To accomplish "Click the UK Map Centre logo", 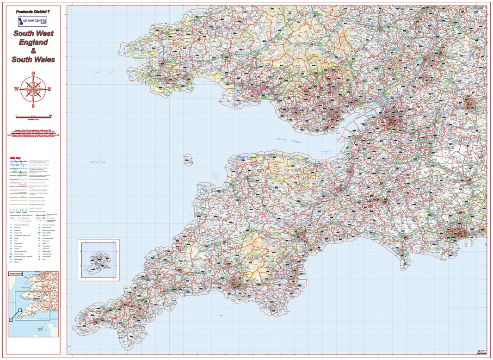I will [x=32, y=21].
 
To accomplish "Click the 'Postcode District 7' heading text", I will [x=33, y=11].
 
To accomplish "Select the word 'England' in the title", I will [x=33, y=42].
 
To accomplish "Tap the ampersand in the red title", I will [x=33, y=51].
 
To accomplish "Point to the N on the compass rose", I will [x=33, y=73].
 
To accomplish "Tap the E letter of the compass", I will [x=49, y=89].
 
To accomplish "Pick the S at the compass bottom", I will [x=33, y=105].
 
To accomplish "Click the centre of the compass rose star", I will [x=33, y=89].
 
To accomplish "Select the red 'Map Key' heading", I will [x=16, y=158].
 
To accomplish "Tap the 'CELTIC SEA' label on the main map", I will [x=98, y=162].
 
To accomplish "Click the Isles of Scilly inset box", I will [x=99, y=260].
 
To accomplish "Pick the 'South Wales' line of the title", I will [x=33, y=60].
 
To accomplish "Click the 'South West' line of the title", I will [x=33, y=33].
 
